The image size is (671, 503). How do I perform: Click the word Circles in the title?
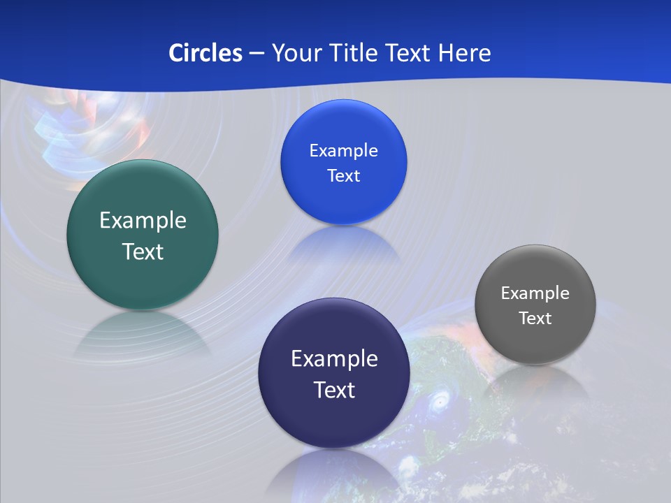[x=205, y=52]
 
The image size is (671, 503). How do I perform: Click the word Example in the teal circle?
[x=143, y=221]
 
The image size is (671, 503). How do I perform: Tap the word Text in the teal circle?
[x=143, y=251]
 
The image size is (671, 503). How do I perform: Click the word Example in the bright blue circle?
[x=343, y=150]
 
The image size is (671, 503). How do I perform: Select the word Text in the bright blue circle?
[x=343, y=175]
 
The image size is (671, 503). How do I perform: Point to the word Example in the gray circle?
[x=535, y=293]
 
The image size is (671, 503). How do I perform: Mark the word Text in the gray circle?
[x=535, y=318]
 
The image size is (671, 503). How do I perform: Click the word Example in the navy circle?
[x=334, y=358]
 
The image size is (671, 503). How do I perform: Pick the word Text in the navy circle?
[x=334, y=389]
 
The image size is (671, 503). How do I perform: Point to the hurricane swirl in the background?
[x=439, y=402]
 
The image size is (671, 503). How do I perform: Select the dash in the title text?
[x=257, y=52]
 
